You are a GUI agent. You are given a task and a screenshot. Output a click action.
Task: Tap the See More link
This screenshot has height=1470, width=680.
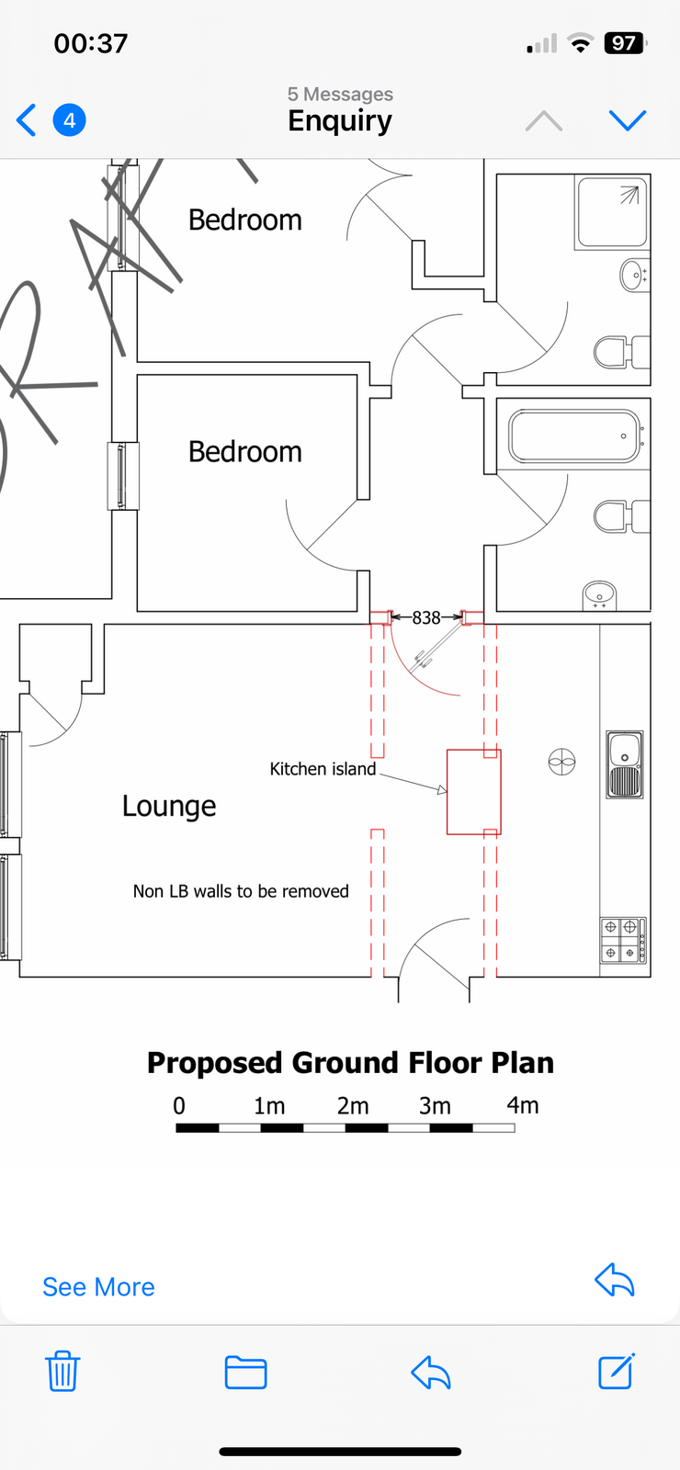[98, 1287]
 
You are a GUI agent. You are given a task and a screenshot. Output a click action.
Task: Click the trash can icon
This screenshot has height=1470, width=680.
[62, 1371]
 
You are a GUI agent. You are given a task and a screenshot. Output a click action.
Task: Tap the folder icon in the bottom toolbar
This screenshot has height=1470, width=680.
[245, 1372]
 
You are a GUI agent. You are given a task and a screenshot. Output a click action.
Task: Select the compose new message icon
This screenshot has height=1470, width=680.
[617, 1370]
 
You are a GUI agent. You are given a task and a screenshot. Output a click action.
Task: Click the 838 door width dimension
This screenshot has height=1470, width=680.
[426, 617]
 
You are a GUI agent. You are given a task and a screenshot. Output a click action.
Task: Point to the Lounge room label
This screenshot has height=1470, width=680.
[169, 806]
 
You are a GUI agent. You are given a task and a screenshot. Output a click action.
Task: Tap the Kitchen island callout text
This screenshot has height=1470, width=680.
[323, 768]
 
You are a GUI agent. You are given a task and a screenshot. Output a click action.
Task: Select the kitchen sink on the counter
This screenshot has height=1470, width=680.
[624, 764]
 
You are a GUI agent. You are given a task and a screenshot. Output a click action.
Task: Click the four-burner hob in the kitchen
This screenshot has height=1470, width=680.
[623, 940]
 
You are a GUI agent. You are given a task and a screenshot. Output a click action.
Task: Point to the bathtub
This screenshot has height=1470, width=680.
[574, 435]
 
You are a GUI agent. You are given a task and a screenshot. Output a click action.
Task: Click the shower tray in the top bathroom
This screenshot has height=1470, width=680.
[612, 212]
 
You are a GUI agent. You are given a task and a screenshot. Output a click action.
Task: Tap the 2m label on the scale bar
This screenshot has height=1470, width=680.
[353, 1106]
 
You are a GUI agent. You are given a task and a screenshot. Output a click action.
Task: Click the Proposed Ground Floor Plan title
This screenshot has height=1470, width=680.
[350, 1062]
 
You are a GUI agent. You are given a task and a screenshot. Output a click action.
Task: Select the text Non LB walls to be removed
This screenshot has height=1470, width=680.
[241, 891]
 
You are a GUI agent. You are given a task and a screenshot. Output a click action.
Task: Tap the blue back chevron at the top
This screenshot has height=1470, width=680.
[27, 120]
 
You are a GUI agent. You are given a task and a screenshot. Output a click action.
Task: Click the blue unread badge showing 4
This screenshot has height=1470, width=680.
[70, 120]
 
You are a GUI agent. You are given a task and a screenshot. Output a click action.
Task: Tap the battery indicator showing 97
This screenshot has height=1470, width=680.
[624, 43]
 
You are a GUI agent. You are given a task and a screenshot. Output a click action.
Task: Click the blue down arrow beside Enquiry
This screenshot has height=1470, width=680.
[628, 120]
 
